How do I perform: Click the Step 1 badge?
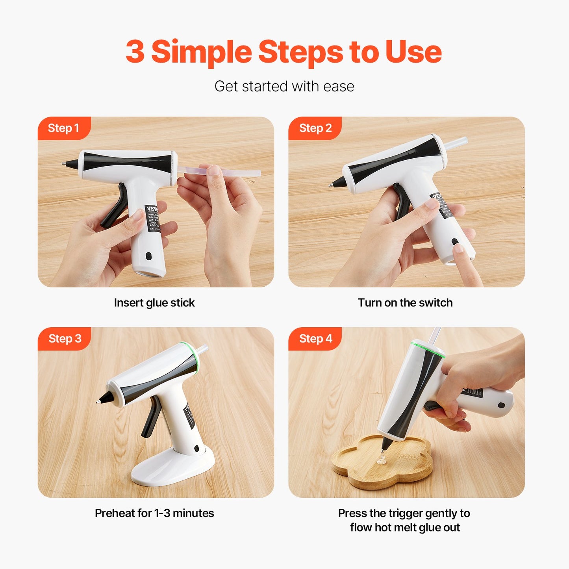(63, 128)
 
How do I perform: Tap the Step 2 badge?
(315, 128)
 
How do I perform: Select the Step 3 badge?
(65, 339)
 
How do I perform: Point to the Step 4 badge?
(315, 339)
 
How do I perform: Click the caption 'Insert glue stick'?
(154, 302)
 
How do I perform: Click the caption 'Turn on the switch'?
(405, 302)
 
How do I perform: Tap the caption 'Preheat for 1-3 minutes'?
(154, 513)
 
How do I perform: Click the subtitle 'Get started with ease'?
(284, 86)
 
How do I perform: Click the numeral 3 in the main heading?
(135, 52)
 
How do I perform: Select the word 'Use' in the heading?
(413, 52)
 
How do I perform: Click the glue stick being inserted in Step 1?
(236, 172)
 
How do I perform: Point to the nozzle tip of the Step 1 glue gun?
(64, 164)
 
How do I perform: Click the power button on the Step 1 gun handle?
(148, 256)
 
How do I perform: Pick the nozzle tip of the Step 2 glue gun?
(331, 185)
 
